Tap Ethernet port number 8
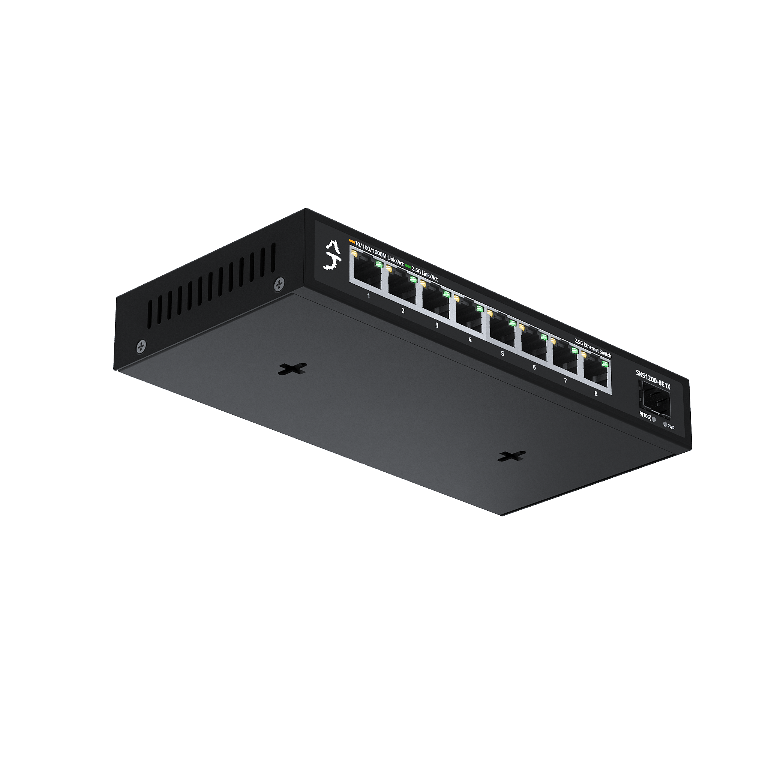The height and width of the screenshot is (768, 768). pyautogui.click(x=597, y=373)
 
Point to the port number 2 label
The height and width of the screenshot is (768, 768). pyautogui.click(x=403, y=311)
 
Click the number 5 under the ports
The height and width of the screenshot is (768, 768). pyautogui.click(x=502, y=353)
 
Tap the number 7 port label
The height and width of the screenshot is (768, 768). pyautogui.click(x=565, y=380)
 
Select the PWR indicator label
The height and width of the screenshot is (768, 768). pyautogui.click(x=671, y=427)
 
